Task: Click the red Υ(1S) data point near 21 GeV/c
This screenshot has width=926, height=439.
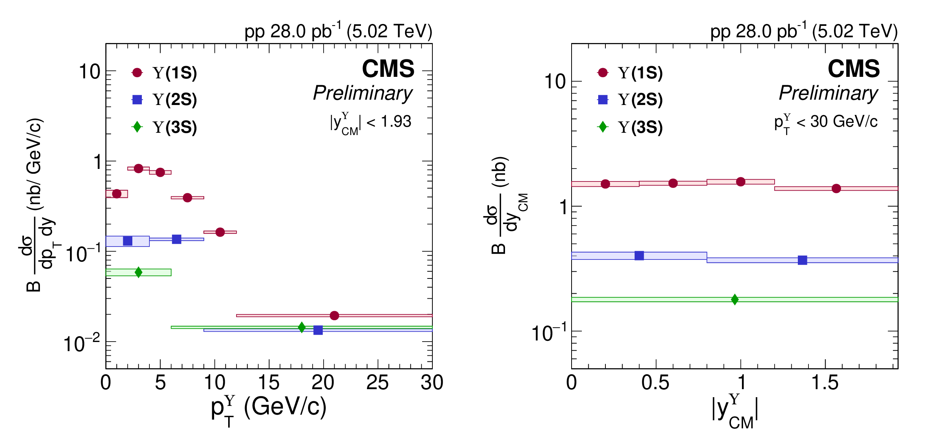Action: coord(334,315)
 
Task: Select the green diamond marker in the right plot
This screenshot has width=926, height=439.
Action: coord(735,299)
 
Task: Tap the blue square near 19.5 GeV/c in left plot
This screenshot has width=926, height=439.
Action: coord(318,330)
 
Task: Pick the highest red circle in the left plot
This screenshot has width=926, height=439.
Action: coord(138,168)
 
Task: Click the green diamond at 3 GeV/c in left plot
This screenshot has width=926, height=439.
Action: coord(138,272)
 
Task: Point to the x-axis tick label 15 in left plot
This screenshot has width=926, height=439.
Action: coord(269,383)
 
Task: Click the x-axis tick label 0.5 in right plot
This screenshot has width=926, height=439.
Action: coord(656,383)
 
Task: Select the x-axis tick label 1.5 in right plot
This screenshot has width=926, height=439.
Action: coord(825,383)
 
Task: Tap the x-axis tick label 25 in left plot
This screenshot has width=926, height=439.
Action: coord(377,383)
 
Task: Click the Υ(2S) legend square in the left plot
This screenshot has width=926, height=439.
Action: coord(137,100)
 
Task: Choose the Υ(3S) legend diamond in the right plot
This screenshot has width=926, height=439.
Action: coord(603,127)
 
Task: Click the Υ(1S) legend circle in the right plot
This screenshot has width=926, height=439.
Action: coord(603,72)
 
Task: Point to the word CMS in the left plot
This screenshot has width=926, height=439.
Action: coord(388,69)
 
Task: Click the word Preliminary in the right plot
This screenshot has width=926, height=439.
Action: coord(828,93)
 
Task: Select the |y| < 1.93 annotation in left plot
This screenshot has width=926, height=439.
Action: coord(370,123)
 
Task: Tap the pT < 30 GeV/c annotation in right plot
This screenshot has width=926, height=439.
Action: coord(826,123)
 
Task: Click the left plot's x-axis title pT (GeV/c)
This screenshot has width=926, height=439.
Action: coord(269,409)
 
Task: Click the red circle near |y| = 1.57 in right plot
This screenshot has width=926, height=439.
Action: coord(836,188)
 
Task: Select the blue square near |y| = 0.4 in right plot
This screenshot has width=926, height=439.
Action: coord(639,256)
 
